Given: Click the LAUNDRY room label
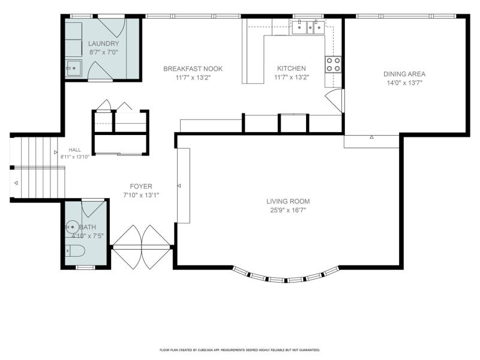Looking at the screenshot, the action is (x=103, y=43).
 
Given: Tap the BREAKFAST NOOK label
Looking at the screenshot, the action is (x=193, y=68).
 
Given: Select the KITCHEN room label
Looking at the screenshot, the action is (x=292, y=68).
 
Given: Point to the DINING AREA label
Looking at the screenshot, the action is (x=404, y=74).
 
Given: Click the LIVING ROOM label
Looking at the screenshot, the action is (x=288, y=201).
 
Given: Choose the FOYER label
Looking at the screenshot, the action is (x=141, y=186).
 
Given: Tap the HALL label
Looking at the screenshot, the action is (x=74, y=149).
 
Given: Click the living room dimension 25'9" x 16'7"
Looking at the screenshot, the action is (x=288, y=210).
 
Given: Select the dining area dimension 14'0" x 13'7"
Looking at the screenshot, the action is (x=404, y=83).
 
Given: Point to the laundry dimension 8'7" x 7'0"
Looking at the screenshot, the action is (x=103, y=52).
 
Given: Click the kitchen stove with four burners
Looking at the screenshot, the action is (x=333, y=64).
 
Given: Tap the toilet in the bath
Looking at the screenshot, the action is (x=74, y=251).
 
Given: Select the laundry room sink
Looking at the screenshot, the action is (x=73, y=68).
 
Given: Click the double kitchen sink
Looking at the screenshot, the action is (x=308, y=27).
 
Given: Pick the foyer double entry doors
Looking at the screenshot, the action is (x=142, y=247).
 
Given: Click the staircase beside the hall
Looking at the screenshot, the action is (x=37, y=167).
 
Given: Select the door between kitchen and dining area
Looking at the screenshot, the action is (x=334, y=100).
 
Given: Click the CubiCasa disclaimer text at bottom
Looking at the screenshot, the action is (x=239, y=350).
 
